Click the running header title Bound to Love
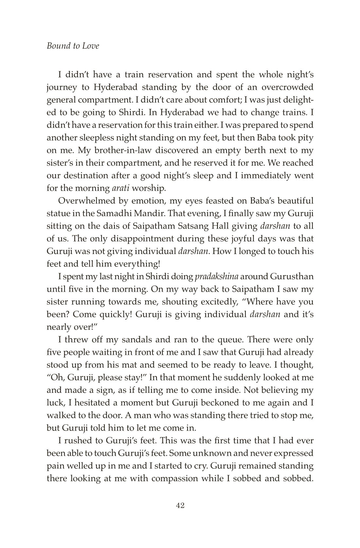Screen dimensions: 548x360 (73, 46)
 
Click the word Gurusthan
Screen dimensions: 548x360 (292, 277)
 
